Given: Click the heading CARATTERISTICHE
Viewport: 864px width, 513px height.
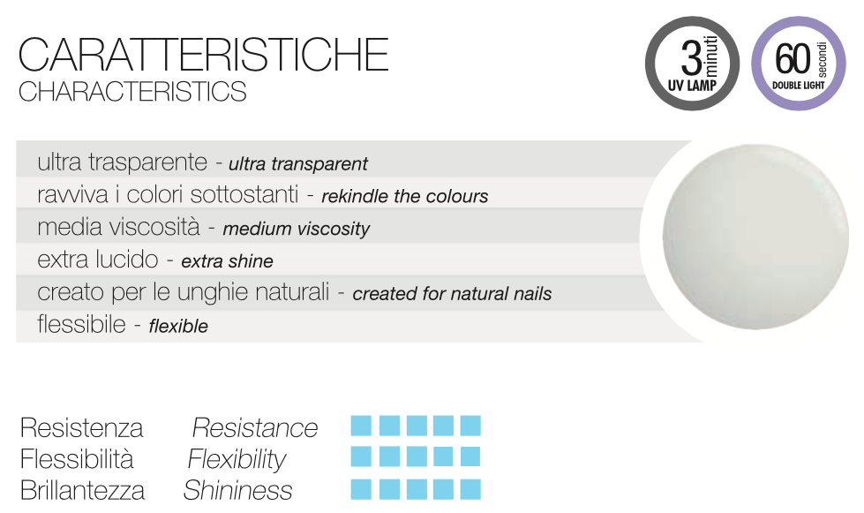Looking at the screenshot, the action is pyautogui.click(x=203, y=55).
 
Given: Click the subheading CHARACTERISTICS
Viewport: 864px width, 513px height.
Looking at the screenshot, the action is pyautogui.click(x=132, y=92).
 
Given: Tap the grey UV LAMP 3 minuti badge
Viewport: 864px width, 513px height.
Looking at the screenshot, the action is pyautogui.click(x=692, y=64).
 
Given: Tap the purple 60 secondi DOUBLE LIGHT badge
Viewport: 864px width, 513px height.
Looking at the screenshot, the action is pyautogui.click(x=799, y=64).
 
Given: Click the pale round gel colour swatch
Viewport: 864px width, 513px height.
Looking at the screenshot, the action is pyautogui.click(x=755, y=237).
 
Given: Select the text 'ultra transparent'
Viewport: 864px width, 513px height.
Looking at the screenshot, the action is pyautogui.click(x=298, y=163).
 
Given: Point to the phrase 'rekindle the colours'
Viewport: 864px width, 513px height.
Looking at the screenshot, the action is pyautogui.click(x=404, y=196).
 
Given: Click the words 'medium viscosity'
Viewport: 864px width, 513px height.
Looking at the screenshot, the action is pyautogui.click(x=296, y=229).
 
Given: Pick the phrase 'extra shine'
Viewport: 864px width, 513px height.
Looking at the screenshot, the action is pyautogui.click(x=227, y=261).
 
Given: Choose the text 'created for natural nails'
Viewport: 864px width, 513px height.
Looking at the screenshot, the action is pyautogui.click(x=452, y=294).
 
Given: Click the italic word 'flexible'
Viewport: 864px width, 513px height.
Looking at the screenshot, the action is pyautogui.click(x=178, y=326).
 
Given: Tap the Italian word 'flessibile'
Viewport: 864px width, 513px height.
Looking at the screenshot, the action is pyautogui.click(x=81, y=324).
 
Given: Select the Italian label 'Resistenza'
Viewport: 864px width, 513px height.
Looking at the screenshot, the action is pyautogui.click(x=81, y=428).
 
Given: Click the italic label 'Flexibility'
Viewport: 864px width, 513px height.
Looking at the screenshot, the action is pyautogui.click(x=237, y=459).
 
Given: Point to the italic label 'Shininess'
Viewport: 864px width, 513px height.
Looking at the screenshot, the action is pyautogui.click(x=237, y=490).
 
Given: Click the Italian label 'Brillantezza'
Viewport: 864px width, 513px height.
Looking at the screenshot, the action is pyautogui.click(x=82, y=490).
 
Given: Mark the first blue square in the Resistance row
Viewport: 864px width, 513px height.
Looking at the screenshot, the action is pyautogui.click(x=361, y=426).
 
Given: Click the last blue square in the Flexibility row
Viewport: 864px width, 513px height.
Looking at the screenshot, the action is pyautogui.click(x=470, y=456).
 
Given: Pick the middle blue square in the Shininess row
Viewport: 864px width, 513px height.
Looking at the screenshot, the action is pyautogui.click(x=417, y=489).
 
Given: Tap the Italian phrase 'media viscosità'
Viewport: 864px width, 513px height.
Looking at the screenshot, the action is pyautogui.click(x=118, y=227).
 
